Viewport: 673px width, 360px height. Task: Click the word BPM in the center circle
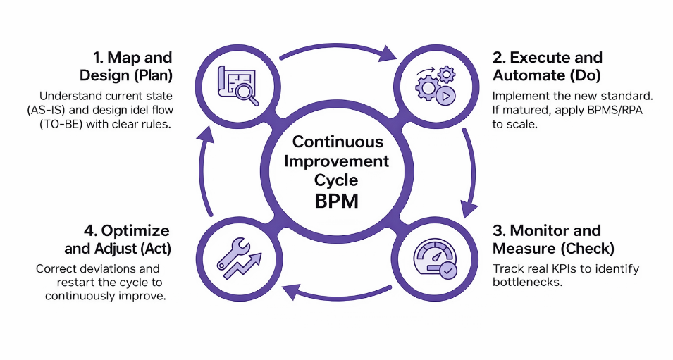click(x=336, y=201)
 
